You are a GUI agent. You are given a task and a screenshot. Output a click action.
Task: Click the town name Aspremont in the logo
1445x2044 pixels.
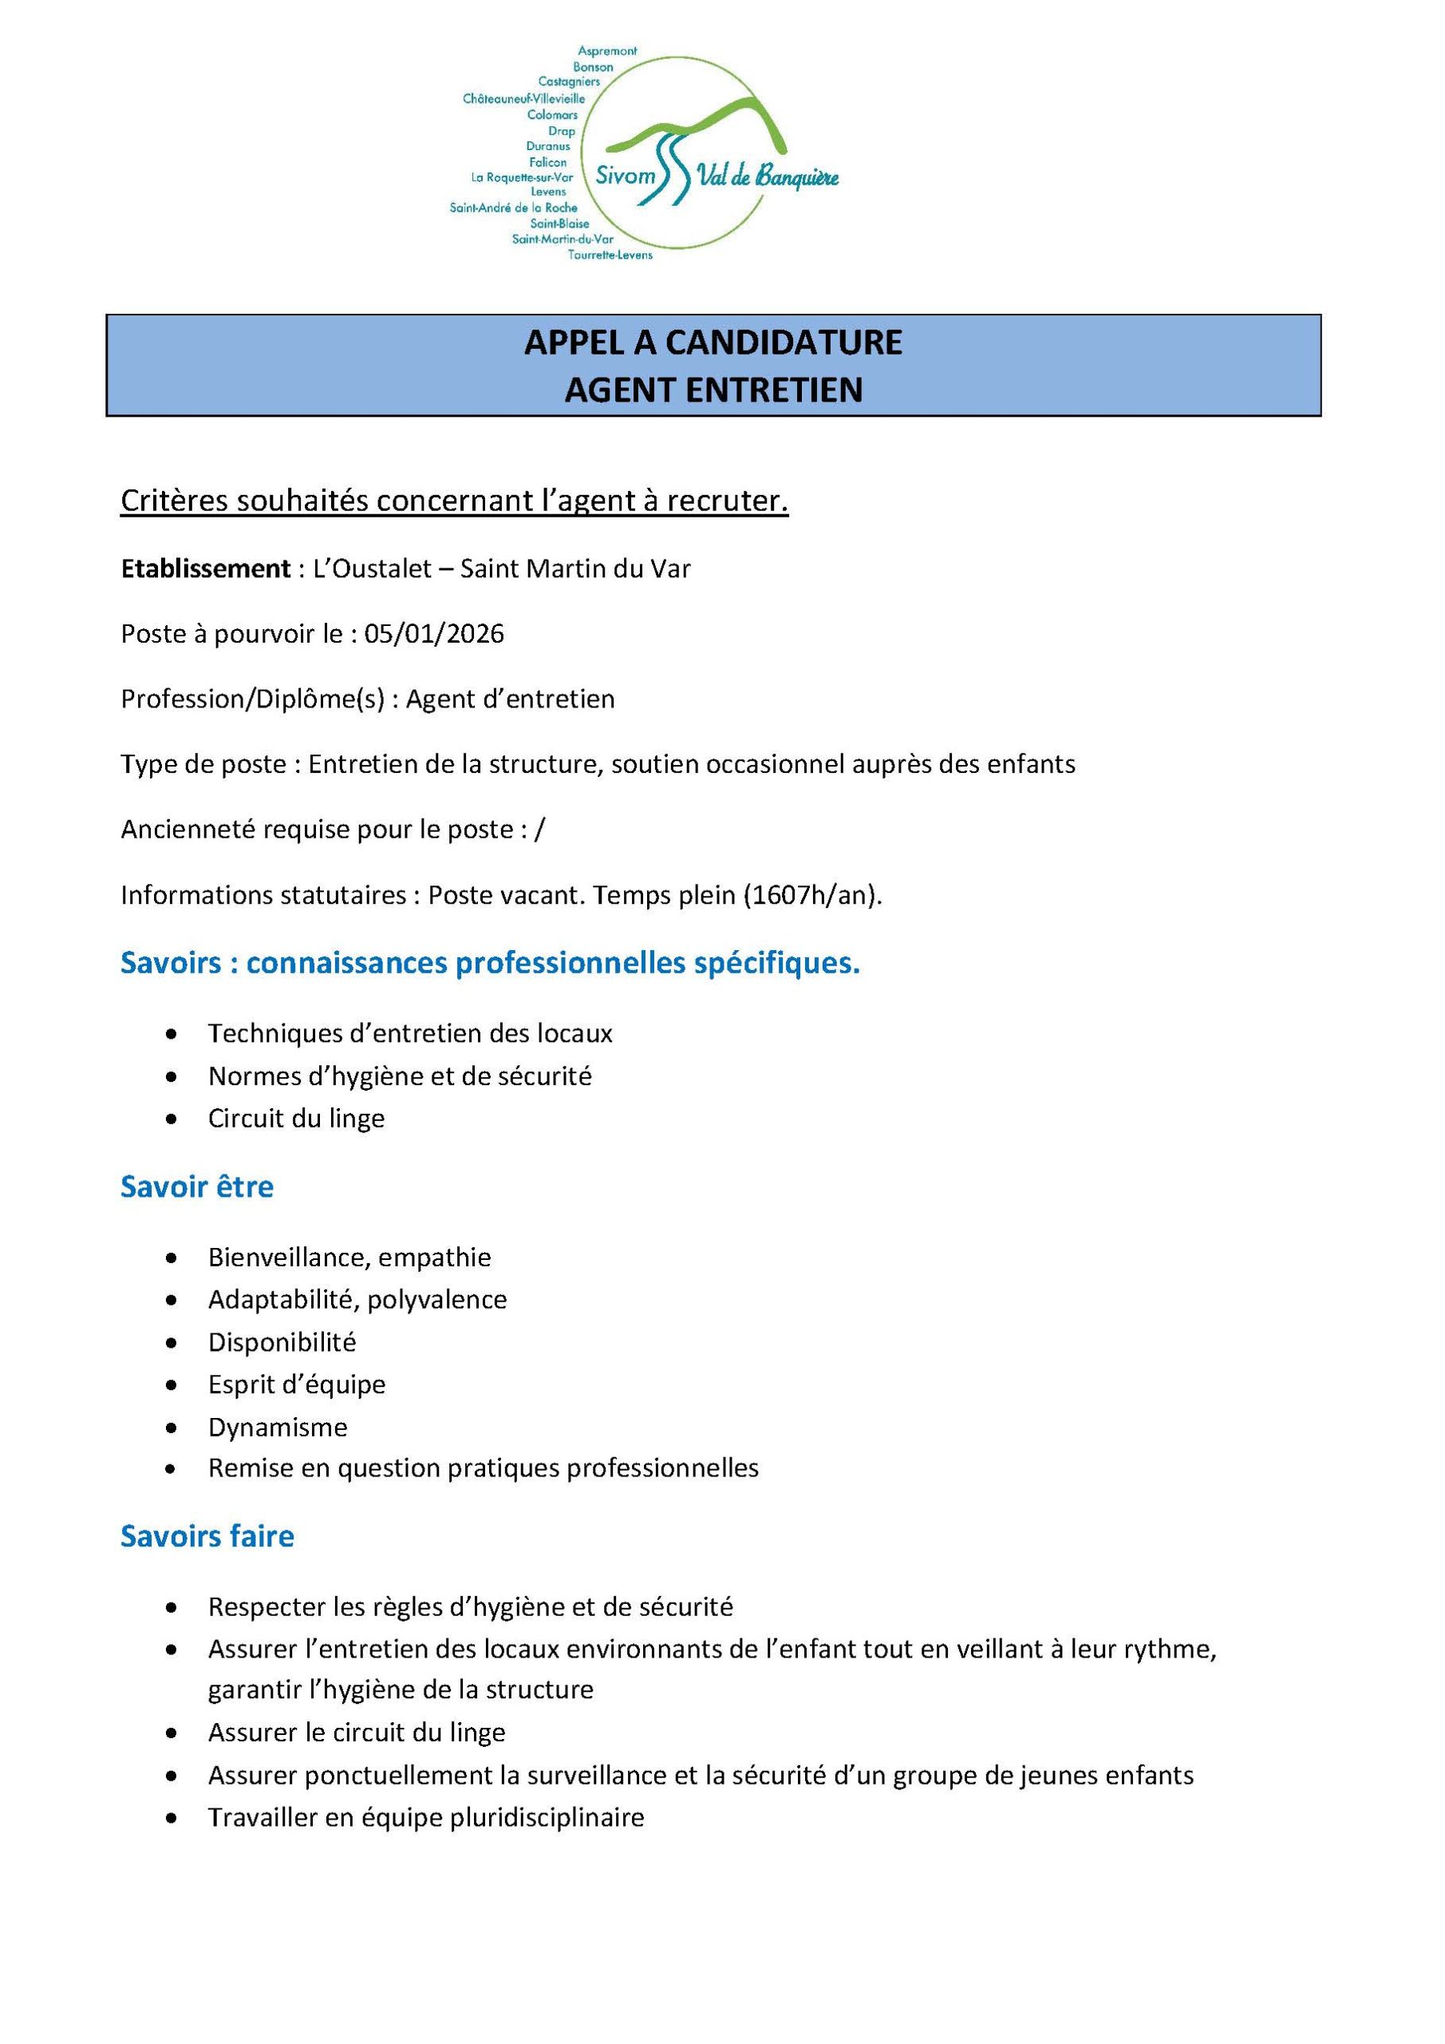tap(607, 52)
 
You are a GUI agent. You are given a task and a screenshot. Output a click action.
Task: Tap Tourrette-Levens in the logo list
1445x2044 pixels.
tap(610, 255)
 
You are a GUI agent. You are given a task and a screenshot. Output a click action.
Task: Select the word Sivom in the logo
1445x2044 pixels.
tap(626, 176)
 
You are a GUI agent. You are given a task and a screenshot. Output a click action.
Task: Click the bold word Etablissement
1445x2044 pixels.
tap(206, 568)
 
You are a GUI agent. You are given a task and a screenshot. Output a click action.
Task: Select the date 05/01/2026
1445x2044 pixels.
tap(434, 634)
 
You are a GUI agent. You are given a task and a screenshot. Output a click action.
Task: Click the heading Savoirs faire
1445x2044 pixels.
tap(207, 1536)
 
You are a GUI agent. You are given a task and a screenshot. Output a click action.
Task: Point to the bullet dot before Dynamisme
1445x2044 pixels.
tap(172, 1428)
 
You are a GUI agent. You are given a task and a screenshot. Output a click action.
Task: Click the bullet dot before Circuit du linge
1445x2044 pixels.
tap(172, 1119)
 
